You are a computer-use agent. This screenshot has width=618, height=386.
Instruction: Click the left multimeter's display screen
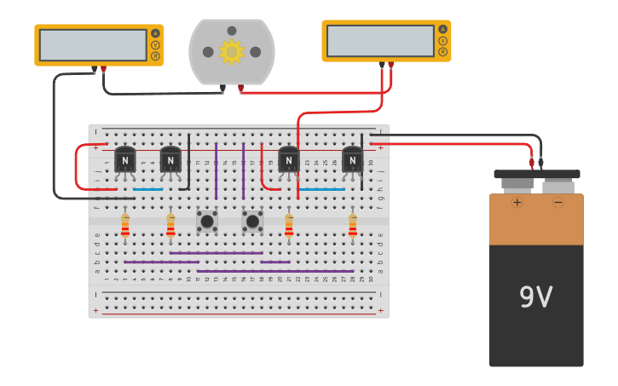93,45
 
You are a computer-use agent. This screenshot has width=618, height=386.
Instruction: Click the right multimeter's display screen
380,41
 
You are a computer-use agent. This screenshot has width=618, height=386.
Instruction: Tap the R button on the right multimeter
442,52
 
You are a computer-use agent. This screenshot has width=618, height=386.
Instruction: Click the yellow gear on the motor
232,52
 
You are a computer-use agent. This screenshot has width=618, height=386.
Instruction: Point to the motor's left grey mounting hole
208,52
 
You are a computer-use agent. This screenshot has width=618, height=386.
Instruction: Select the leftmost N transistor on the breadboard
125,159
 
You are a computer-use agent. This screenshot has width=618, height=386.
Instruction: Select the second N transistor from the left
170,159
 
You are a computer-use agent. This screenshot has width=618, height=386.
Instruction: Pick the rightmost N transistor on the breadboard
352,159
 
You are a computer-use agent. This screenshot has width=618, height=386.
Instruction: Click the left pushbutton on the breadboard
207,222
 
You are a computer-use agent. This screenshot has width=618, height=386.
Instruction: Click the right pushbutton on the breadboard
252,222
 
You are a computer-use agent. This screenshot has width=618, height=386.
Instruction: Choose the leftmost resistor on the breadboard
125,226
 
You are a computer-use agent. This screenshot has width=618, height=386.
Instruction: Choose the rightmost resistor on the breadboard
352,226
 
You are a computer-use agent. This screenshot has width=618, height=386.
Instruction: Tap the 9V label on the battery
535,297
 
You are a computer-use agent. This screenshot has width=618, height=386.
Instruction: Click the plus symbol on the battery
517,203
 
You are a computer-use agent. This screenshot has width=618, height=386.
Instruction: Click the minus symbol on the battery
558,203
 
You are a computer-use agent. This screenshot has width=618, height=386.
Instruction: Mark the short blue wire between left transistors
147,189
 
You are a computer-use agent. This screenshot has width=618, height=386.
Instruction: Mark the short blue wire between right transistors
321,189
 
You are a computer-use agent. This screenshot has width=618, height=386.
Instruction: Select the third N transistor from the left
289,159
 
